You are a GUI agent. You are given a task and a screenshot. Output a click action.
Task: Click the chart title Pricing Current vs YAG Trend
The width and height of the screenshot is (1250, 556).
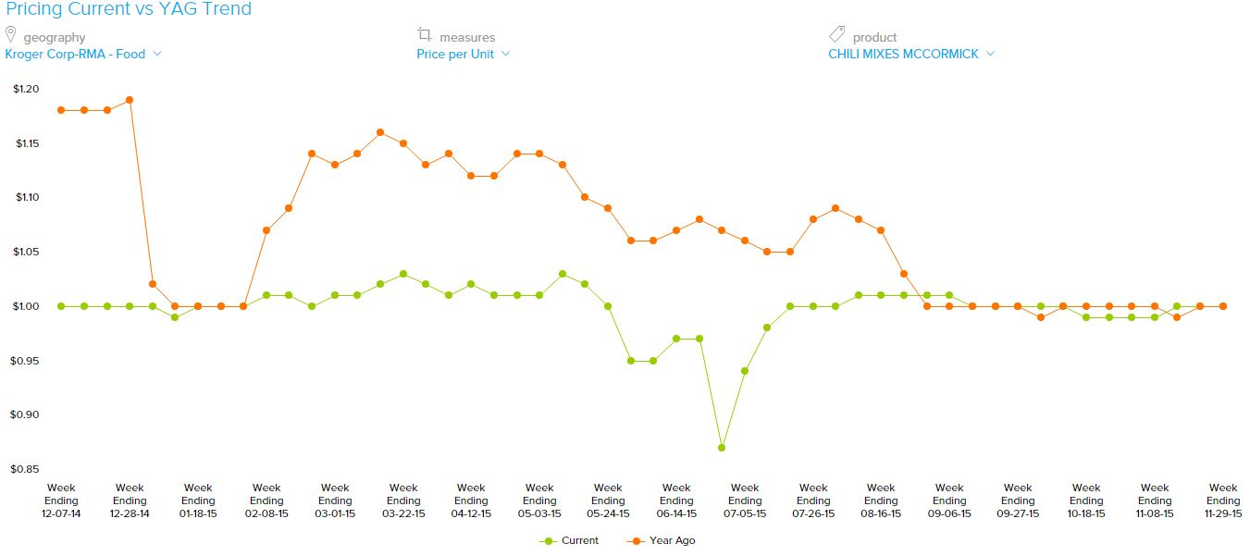click(129, 9)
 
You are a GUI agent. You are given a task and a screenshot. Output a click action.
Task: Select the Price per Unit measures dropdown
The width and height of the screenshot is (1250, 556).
click(463, 54)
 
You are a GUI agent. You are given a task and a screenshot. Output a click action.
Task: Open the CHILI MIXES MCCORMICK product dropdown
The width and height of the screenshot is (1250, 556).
click(910, 54)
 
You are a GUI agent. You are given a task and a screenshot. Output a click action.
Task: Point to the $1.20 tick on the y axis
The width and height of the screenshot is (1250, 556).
click(27, 89)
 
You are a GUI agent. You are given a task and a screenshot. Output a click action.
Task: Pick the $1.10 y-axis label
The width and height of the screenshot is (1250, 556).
click(27, 197)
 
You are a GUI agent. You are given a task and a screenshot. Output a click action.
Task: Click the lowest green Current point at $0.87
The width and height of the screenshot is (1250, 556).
click(722, 448)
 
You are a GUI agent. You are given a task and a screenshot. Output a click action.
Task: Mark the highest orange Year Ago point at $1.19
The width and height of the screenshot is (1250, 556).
click(130, 100)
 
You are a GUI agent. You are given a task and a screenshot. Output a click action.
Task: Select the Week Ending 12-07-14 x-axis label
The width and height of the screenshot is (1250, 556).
click(61, 500)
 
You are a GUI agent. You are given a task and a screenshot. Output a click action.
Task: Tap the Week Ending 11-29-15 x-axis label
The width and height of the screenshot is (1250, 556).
click(1223, 500)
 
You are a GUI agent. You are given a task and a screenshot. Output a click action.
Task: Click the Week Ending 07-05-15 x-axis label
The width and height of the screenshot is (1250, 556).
click(745, 500)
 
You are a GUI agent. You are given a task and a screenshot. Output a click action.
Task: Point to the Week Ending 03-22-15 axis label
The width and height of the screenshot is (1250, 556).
click(403, 500)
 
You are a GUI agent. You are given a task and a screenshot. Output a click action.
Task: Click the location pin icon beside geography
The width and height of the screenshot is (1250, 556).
click(11, 35)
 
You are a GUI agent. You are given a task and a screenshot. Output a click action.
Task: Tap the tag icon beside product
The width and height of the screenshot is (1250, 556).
click(836, 35)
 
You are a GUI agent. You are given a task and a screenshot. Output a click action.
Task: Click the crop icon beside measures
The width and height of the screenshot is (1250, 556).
click(425, 35)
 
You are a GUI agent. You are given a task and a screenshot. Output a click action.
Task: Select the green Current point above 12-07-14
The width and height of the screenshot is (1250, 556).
click(61, 306)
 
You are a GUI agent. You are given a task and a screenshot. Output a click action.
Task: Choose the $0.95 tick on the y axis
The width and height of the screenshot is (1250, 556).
click(27, 361)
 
